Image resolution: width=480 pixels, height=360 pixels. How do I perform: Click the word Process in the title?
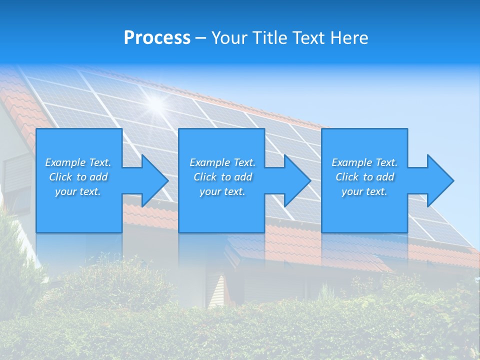(157, 38)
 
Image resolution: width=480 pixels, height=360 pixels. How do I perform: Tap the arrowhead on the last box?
(438, 180)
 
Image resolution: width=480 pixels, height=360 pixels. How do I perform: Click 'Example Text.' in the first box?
(78, 162)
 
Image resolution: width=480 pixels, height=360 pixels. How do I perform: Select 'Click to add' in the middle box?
(222, 177)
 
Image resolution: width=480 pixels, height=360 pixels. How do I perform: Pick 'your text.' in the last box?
(364, 191)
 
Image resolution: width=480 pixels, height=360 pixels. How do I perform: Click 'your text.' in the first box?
(78, 191)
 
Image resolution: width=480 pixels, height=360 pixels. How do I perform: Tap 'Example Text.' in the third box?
(364, 162)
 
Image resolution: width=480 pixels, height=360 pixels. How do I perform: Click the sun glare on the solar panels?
(156, 103)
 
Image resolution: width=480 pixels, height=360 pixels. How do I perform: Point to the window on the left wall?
(16, 177)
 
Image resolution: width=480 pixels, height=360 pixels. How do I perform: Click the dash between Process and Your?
(201, 38)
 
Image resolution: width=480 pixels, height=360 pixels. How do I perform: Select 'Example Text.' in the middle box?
(222, 162)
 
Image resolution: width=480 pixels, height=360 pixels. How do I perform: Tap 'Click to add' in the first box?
(78, 177)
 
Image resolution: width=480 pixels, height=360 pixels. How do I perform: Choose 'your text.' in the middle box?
(222, 191)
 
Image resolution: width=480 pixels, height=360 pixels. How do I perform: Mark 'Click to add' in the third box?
(364, 177)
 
